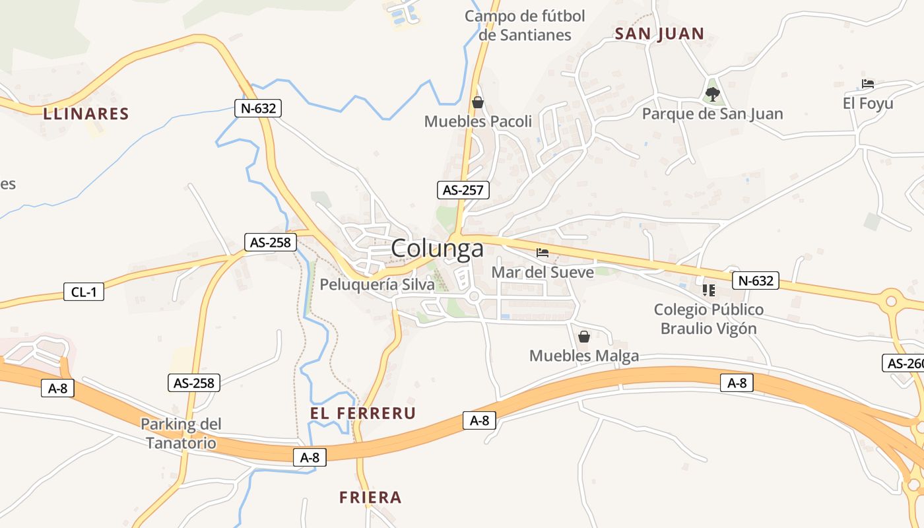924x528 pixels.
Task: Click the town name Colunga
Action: click(x=437, y=249)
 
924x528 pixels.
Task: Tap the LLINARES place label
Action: click(x=86, y=114)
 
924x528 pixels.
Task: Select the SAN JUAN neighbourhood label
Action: click(x=659, y=34)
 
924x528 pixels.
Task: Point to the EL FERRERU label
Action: click(x=363, y=413)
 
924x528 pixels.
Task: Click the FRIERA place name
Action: click(x=370, y=497)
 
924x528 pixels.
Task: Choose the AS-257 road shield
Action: click(x=463, y=190)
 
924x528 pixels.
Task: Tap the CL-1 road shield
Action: click(x=84, y=291)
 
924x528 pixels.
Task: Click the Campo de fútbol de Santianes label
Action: click(x=525, y=25)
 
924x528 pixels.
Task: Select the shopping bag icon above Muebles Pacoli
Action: click(x=478, y=102)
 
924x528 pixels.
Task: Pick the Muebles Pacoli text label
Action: click(x=478, y=121)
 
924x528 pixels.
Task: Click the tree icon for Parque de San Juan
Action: click(x=712, y=94)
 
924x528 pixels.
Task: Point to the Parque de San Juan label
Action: click(x=712, y=114)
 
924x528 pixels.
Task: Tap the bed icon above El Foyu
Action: click(x=868, y=84)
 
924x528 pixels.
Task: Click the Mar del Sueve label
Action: click(x=543, y=272)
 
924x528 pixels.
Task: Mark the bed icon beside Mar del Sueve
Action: click(x=543, y=252)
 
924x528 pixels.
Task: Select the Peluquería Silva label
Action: click(x=377, y=284)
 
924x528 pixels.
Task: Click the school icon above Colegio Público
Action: click(x=709, y=290)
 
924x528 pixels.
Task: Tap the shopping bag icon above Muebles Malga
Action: click(x=583, y=337)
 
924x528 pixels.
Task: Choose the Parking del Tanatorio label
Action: click(x=181, y=433)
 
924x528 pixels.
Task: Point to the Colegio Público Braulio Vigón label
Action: click(x=709, y=319)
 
